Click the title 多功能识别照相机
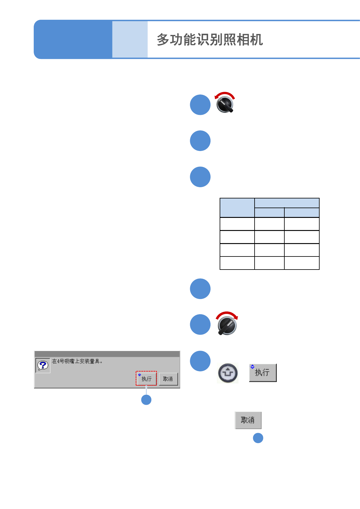(210, 40)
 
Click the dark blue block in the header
(73, 40)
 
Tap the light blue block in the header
(130, 40)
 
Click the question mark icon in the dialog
(43, 365)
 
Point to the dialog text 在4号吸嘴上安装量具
(77, 361)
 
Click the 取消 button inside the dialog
(168, 379)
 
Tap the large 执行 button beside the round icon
(262, 373)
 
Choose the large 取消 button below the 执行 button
(248, 420)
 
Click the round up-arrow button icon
(228, 373)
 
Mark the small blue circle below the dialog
(146, 400)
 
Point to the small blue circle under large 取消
(258, 438)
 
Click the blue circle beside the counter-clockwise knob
(200, 105)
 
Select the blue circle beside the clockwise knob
(200, 325)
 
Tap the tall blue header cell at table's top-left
(237, 208)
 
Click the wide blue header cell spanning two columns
(286, 203)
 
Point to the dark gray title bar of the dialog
(107, 354)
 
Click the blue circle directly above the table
(200, 177)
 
